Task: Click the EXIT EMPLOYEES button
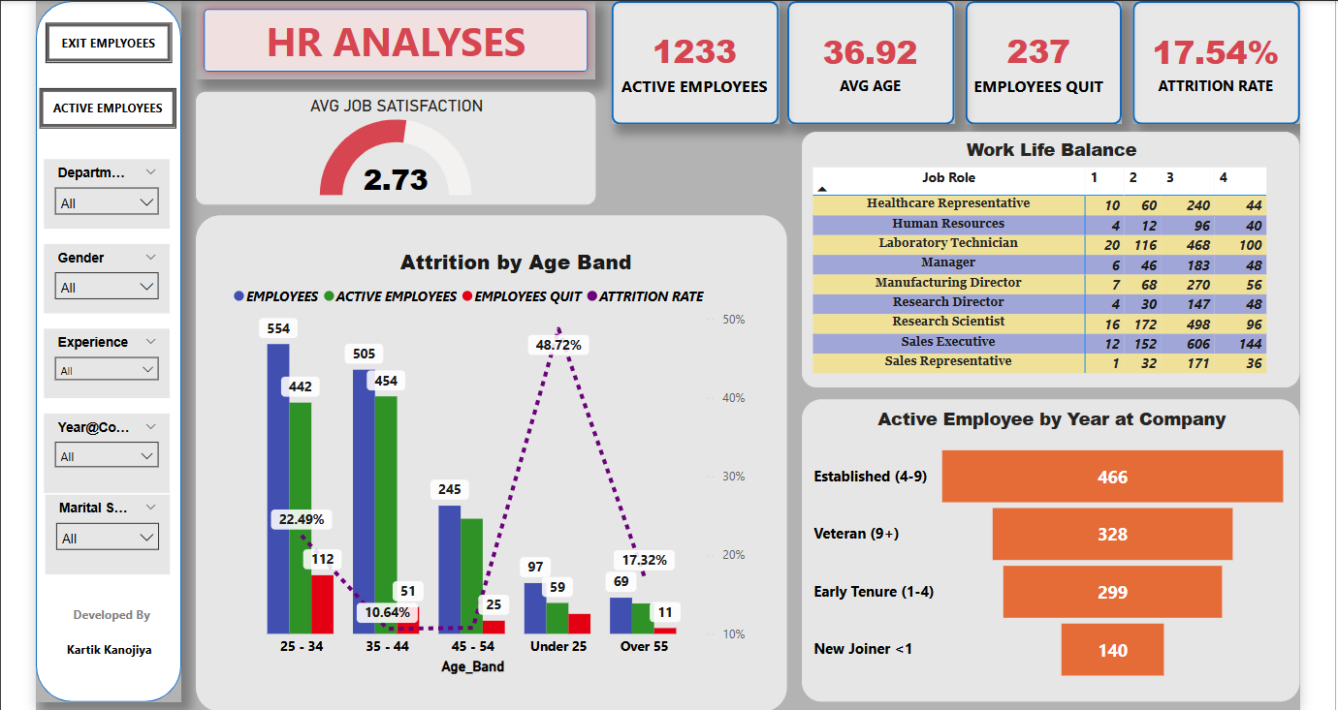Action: pyautogui.click(x=108, y=44)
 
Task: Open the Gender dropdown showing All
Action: pyautogui.click(x=107, y=287)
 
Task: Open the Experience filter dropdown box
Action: pyautogui.click(x=107, y=370)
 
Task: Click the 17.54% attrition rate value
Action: pyautogui.click(x=1215, y=52)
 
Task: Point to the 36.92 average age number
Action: pyautogui.click(x=870, y=52)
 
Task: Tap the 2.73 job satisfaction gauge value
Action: pyautogui.click(x=396, y=179)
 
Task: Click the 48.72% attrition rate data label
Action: pyautogui.click(x=558, y=345)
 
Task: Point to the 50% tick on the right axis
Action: pyautogui.click(x=734, y=319)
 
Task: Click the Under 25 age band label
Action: pyautogui.click(x=558, y=646)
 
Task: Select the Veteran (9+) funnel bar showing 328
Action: pyautogui.click(x=1112, y=534)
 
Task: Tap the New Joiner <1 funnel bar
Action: pyautogui.click(x=1112, y=650)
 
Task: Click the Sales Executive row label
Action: pyautogui.click(x=947, y=342)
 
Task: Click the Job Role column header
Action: pyautogui.click(x=948, y=177)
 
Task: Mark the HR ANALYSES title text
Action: pyautogui.click(x=396, y=43)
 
